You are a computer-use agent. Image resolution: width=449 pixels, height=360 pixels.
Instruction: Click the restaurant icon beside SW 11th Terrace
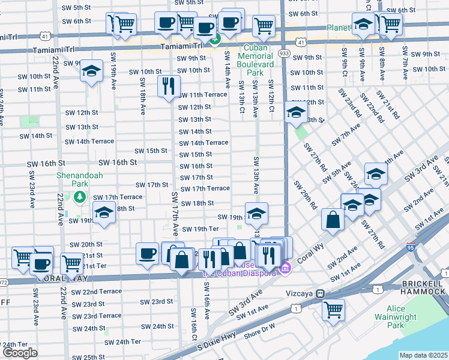[169, 85]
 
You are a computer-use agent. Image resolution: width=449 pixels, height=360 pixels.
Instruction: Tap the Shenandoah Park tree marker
[79, 197]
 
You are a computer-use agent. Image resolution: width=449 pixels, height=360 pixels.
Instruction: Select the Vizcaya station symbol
[321, 294]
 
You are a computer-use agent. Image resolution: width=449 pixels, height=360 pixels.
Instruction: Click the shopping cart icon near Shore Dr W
[333, 309]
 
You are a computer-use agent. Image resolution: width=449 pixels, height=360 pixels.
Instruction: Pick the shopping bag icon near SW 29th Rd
[333, 220]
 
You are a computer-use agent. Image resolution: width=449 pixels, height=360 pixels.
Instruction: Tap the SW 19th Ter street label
[201, 229]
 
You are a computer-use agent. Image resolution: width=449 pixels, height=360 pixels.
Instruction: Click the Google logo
[20, 352]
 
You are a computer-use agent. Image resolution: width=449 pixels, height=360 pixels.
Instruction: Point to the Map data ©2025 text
[423, 355]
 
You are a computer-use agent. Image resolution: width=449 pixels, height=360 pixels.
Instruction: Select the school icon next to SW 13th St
[295, 112]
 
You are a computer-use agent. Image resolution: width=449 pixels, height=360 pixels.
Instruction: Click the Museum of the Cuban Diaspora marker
[286, 266]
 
